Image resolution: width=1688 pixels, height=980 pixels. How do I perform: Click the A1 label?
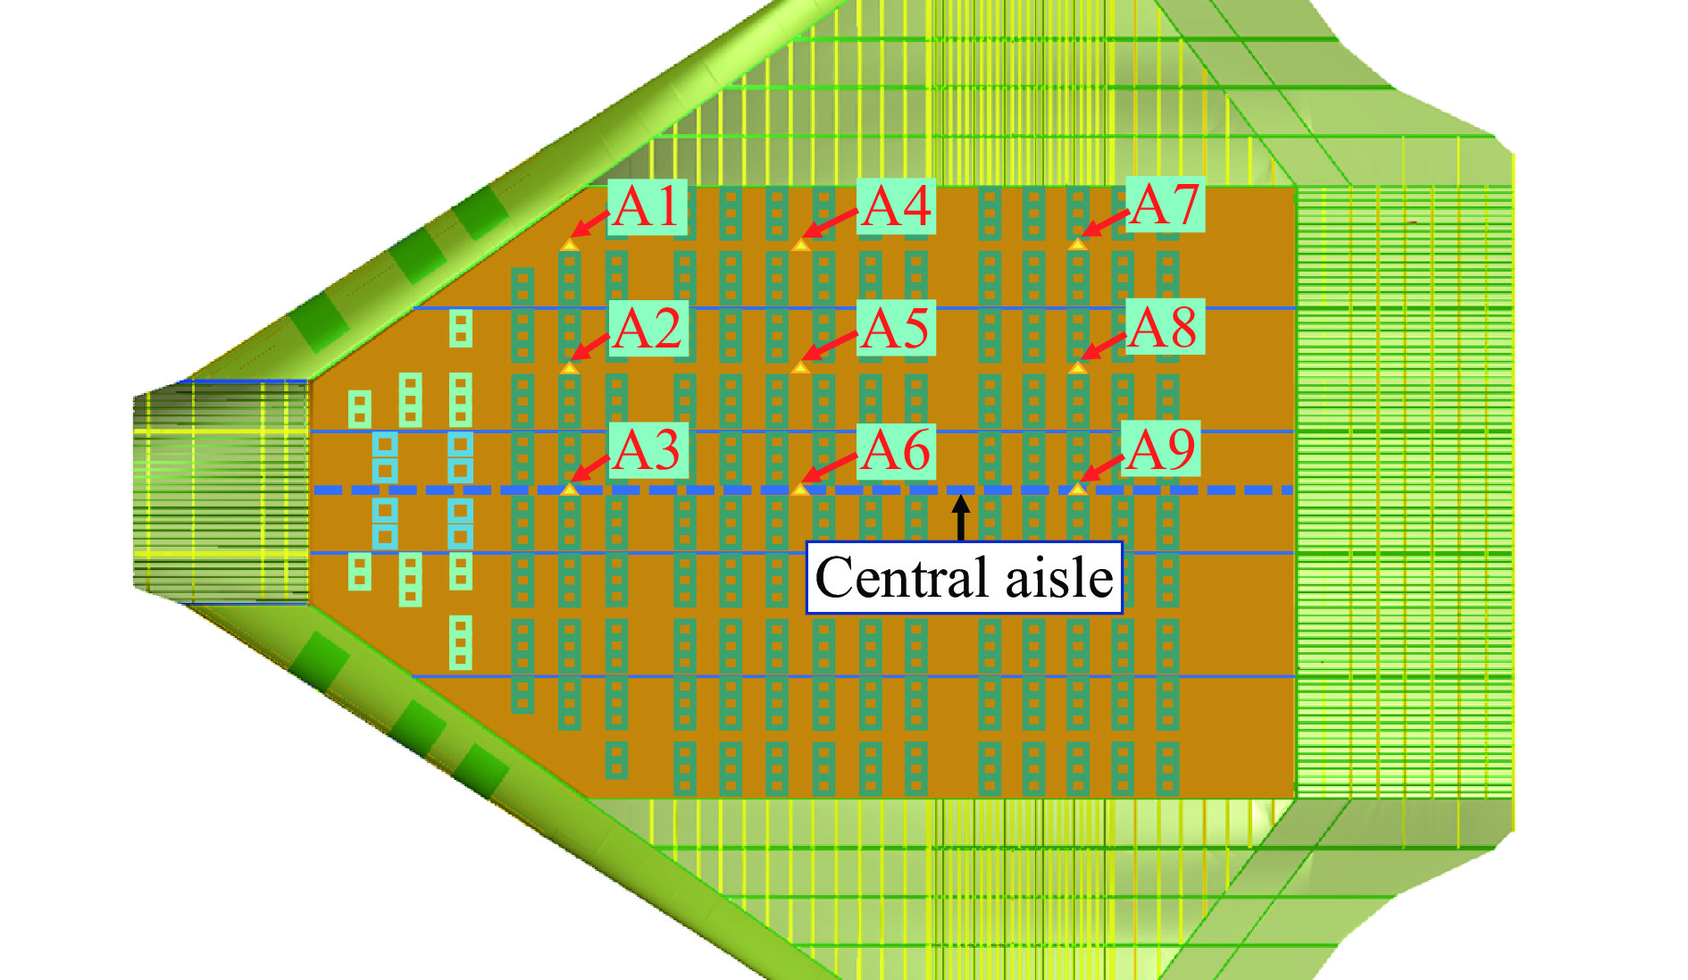[x=648, y=206]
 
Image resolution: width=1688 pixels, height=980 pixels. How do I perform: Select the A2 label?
[x=648, y=329]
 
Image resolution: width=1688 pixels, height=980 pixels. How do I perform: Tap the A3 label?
[x=648, y=449]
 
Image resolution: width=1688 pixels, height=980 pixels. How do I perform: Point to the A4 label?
[x=897, y=206]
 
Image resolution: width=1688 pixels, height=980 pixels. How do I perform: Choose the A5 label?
[x=897, y=329]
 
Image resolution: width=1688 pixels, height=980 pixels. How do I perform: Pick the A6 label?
[x=897, y=449]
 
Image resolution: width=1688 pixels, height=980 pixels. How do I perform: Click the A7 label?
[x=1164, y=205]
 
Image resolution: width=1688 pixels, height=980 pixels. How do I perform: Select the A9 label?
[x=1161, y=448]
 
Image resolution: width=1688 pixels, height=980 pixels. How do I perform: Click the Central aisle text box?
[x=964, y=577]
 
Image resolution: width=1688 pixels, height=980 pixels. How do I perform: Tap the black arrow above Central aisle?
[x=961, y=518]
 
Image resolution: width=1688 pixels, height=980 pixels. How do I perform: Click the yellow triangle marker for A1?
[x=570, y=243]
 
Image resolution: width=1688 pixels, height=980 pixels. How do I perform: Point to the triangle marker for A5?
[x=800, y=366]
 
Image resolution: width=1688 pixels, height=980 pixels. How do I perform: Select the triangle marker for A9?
[x=1078, y=488]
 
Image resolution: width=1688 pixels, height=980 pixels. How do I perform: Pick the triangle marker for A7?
[x=1078, y=243]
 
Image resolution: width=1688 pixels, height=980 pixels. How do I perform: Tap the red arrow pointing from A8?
[x=1103, y=349]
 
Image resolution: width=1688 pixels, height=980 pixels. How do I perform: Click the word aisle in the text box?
[x=1059, y=577]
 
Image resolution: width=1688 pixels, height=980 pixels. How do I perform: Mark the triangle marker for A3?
[x=570, y=488]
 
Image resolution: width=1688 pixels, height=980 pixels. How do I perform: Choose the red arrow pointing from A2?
[x=591, y=350]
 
